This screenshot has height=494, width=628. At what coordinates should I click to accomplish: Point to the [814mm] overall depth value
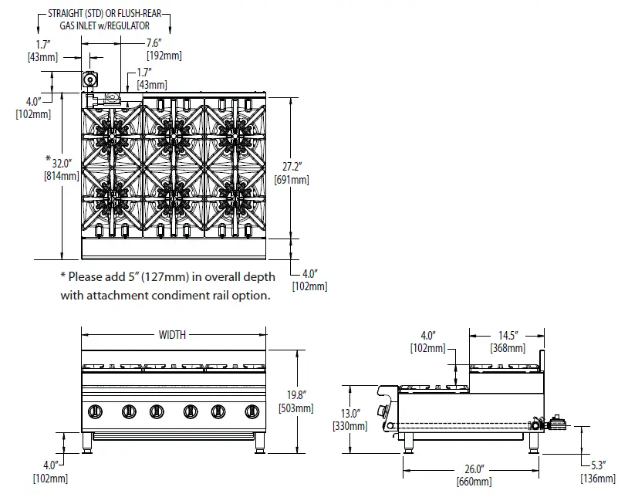(61, 175)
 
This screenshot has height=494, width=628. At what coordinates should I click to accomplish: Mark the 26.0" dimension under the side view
(474, 469)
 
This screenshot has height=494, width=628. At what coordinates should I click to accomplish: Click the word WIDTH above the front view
(172, 335)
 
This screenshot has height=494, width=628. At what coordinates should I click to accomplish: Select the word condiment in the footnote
(181, 295)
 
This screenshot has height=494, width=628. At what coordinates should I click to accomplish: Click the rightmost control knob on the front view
(250, 411)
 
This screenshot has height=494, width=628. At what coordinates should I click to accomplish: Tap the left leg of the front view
(87, 442)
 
